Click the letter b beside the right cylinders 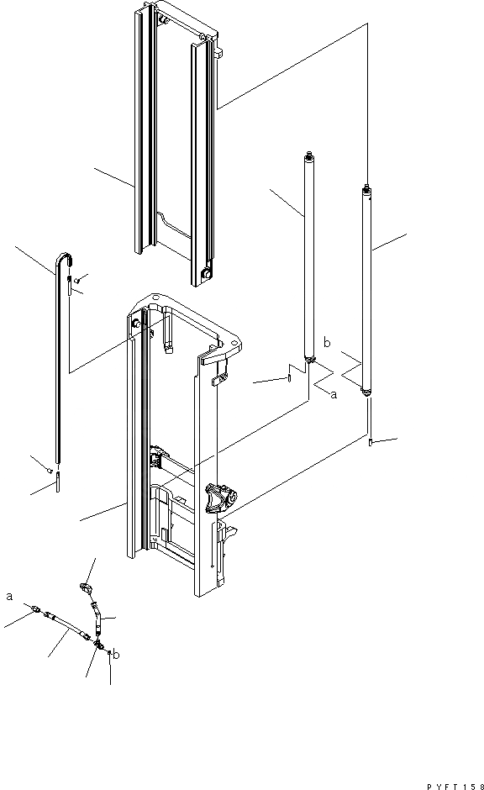[327, 343]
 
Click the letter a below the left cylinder [334, 395]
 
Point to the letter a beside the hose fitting [9, 597]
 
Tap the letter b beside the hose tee [116, 655]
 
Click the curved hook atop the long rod [64, 259]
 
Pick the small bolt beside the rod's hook [77, 280]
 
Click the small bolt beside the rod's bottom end [50, 470]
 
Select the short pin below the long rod [57, 482]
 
